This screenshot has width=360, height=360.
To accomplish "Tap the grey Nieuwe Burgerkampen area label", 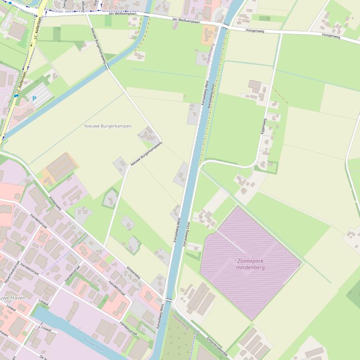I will tap(108, 126).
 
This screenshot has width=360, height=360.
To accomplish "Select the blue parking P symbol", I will tap(34, 99).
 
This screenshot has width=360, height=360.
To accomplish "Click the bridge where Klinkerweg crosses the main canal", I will tap(169, 300).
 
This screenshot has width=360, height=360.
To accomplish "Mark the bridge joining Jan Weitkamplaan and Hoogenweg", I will tap(225, 26).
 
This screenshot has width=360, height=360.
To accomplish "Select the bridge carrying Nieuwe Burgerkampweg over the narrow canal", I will tap(107, 67).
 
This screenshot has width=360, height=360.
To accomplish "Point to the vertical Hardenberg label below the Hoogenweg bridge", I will tap(212, 54).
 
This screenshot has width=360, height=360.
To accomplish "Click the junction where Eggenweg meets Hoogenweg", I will tap(280, 33).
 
